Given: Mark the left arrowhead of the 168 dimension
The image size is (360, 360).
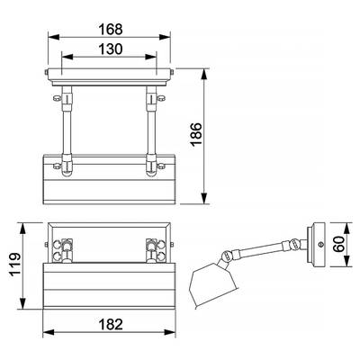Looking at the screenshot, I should coord(49,38).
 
